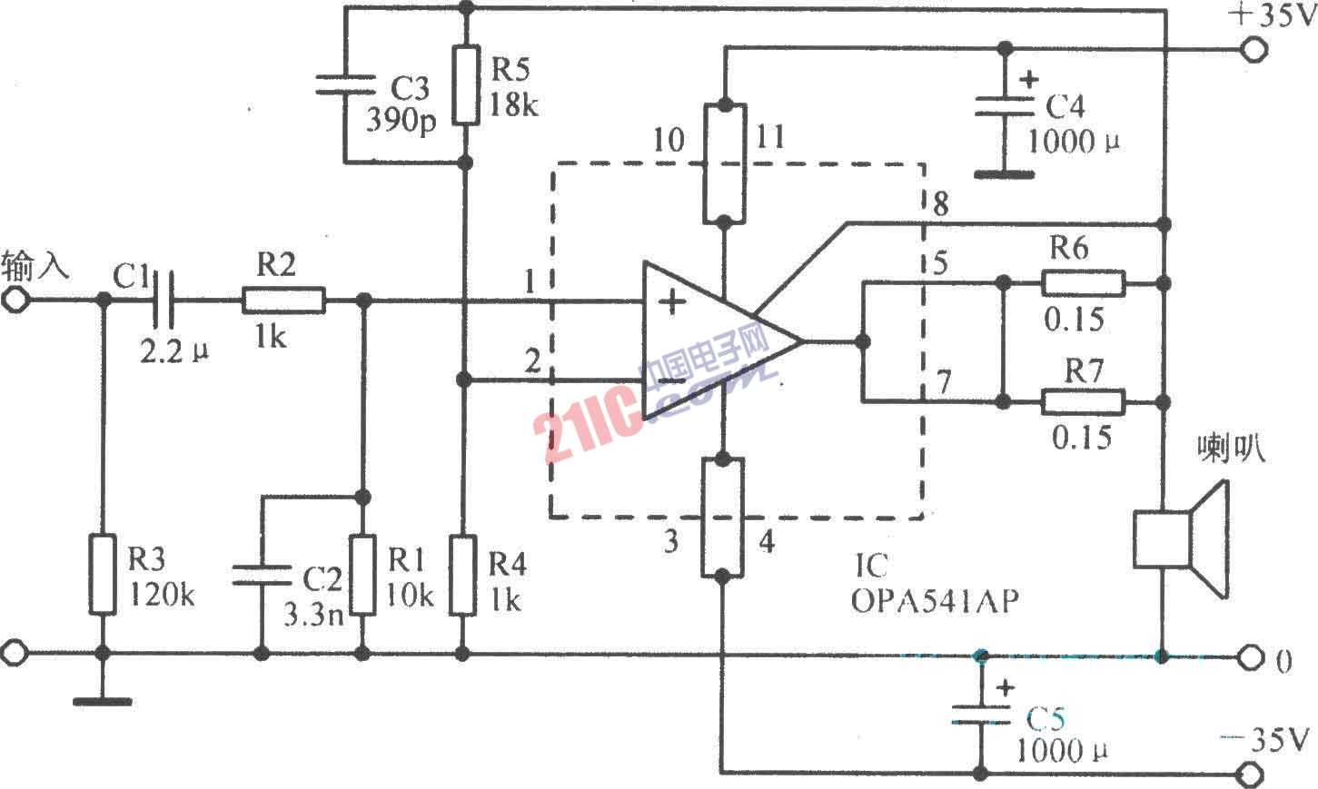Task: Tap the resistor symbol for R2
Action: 283,300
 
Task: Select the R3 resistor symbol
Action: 104,575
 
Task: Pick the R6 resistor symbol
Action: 1083,283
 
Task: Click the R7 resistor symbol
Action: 1083,401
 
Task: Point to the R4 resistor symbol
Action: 464,576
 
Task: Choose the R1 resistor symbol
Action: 364,576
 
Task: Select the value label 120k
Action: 161,596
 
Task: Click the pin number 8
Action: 940,204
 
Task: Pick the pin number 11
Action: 769,138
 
